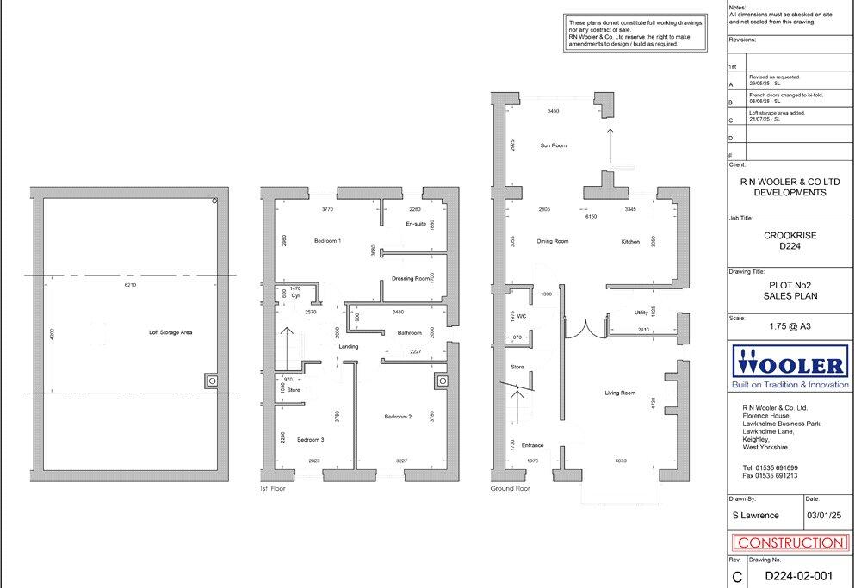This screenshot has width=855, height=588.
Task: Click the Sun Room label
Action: (554, 145)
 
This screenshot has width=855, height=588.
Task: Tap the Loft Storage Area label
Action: (170, 331)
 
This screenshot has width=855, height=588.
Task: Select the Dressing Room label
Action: (411, 278)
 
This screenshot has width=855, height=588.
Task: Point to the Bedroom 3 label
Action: (310, 439)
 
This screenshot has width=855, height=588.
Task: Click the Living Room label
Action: (620, 393)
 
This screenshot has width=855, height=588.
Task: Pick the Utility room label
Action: (641, 313)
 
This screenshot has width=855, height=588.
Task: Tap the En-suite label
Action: (416, 224)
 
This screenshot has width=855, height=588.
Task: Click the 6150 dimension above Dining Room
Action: (592, 217)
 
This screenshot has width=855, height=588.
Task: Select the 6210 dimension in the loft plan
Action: (130, 283)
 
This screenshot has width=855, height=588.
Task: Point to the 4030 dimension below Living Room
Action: (621, 461)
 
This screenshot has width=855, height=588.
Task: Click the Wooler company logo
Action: (790, 362)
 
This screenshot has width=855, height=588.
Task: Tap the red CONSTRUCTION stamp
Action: (790, 542)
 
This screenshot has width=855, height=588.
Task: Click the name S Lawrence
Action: (755, 515)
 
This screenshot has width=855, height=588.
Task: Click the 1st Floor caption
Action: (272, 487)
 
